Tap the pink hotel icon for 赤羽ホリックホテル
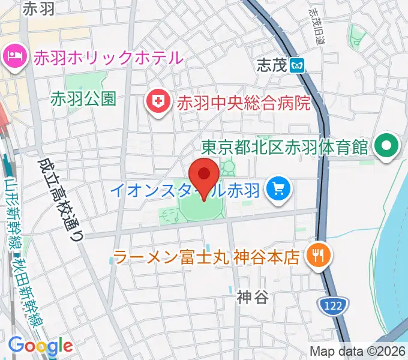(13, 58)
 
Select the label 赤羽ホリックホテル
(108, 58)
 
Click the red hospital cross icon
(158, 101)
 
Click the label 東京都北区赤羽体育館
(284, 147)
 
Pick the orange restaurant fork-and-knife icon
(315, 257)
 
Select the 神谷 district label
(251, 296)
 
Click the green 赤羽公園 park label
(83, 98)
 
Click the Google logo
(40, 346)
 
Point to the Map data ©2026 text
(358, 351)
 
